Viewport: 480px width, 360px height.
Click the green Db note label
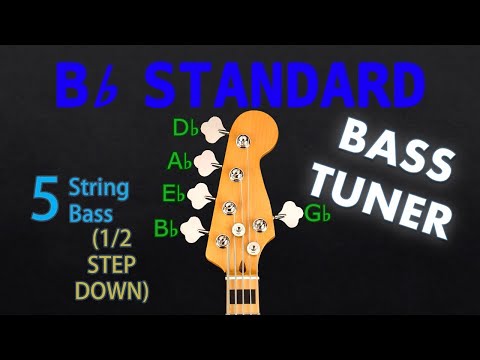(x=185, y=127)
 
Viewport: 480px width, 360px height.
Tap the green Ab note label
(x=180, y=160)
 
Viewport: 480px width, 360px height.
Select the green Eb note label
(x=174, y=193)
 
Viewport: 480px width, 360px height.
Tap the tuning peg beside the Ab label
(x=206, y=161)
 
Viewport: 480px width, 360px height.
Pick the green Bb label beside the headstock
(x=167, y=227)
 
